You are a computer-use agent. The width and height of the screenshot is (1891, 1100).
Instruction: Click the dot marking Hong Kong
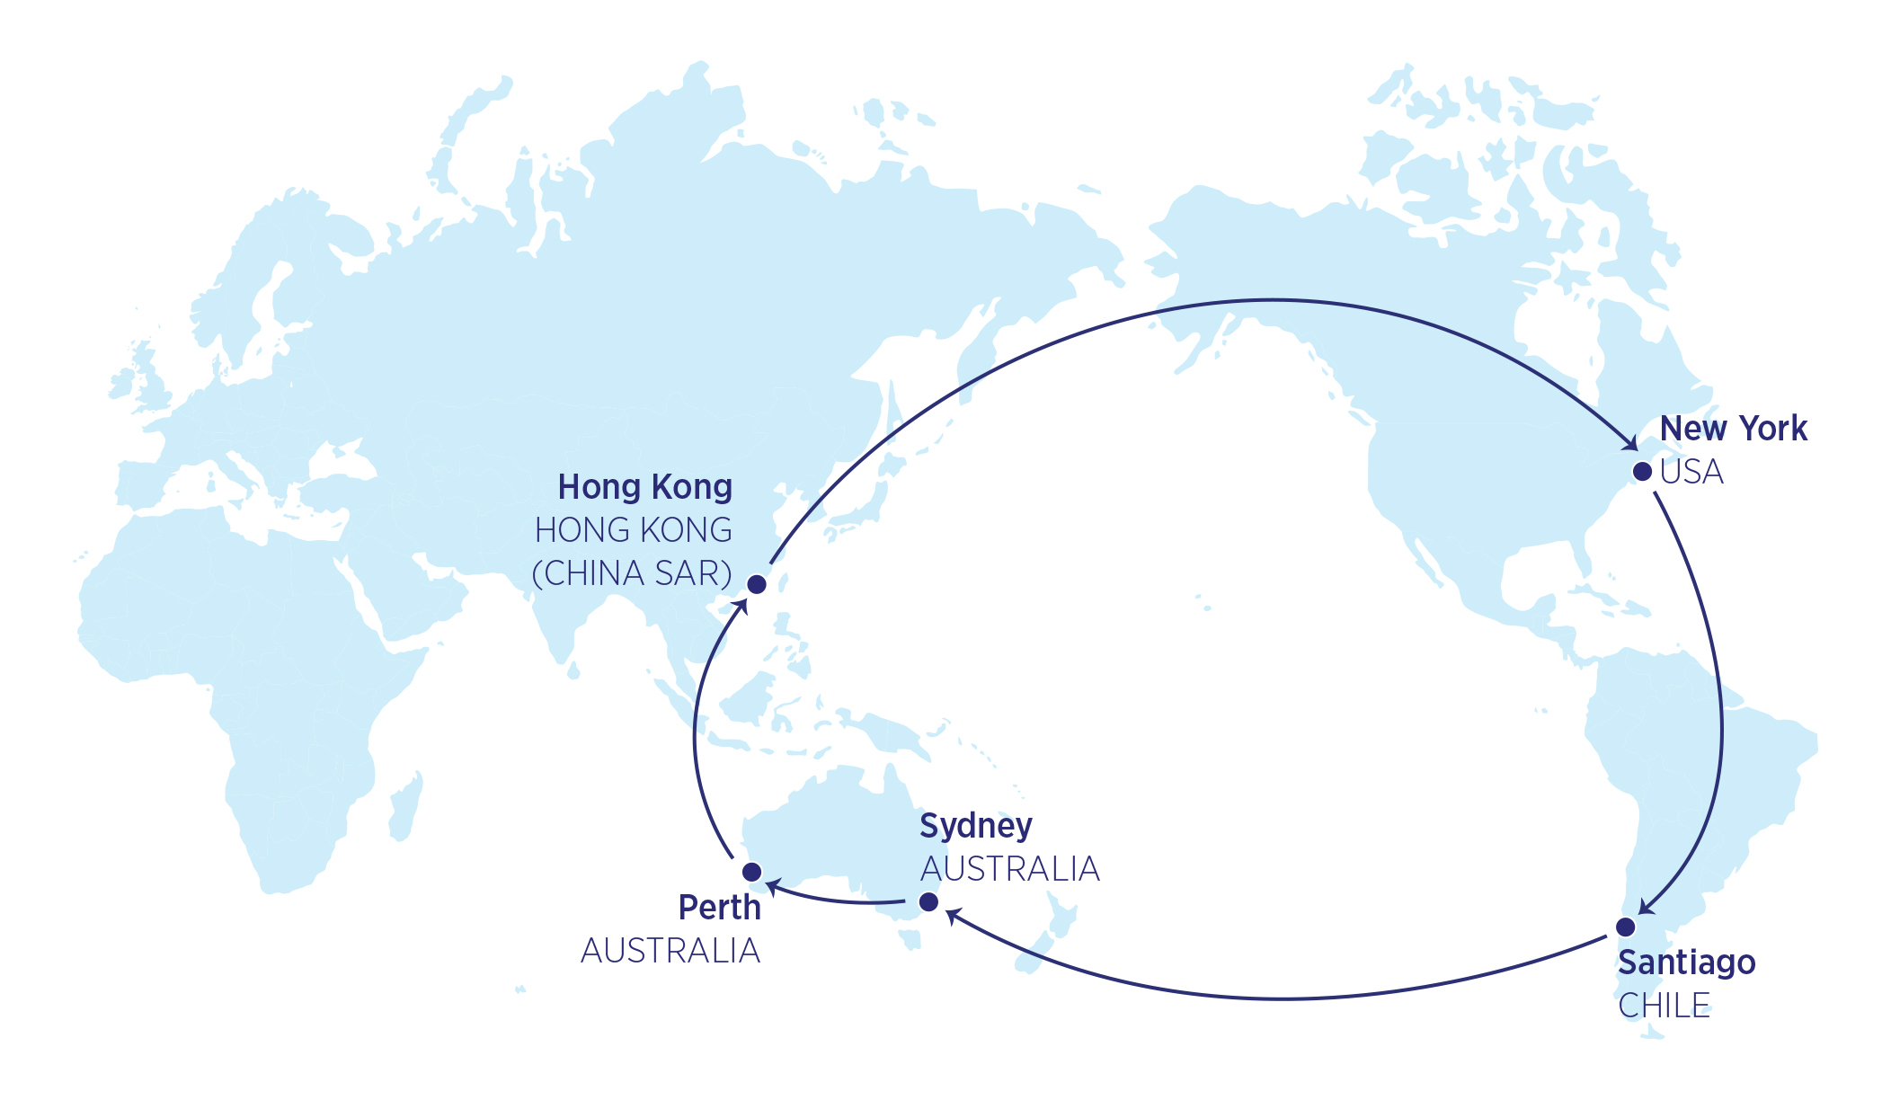tap(757, 585)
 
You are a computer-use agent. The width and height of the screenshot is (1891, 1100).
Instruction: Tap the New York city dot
tap(1642, 472)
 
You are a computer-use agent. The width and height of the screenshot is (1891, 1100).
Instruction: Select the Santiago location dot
tap(1625, 927)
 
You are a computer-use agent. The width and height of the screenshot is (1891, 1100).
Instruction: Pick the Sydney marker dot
tap(928, 901)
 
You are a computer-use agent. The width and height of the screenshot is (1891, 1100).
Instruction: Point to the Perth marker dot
tap(752, 872)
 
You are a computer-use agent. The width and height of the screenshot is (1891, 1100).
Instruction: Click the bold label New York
tap(1733, 429)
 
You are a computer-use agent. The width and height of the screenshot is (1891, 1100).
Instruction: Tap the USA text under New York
tap(1691, 472)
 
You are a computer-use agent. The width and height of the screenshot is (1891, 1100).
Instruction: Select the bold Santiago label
tap(1686, 962)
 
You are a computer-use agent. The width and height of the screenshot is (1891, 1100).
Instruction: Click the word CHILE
tap(1664, 1006)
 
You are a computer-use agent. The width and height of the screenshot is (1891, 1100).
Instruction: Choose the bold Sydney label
tap(976, 826)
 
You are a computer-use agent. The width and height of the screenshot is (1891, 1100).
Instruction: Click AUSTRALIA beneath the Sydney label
tap(1010, 869)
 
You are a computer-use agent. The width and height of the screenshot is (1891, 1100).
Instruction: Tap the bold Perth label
tap(719, 908)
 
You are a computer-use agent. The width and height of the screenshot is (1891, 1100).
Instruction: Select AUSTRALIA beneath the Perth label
tap(670, 951)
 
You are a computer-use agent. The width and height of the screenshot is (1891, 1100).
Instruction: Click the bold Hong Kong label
tap(644, 487)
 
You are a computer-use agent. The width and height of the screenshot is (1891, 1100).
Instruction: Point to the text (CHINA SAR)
tap(632, 573)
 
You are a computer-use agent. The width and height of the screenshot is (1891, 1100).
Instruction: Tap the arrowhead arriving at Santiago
tap(1647, 907)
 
